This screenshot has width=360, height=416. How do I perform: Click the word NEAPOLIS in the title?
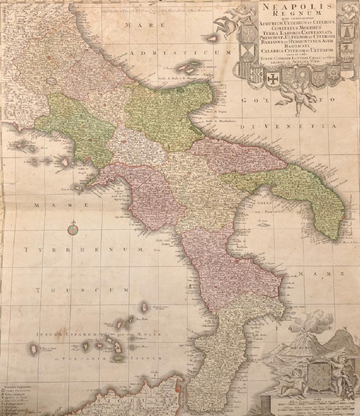click(295, 7)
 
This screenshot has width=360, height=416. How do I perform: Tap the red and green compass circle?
click(73, 230)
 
